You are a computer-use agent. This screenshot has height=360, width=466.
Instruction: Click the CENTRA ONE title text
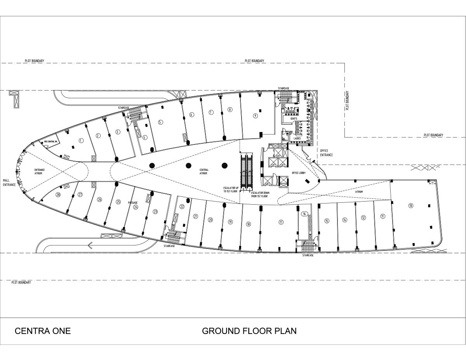[x=43, y=331]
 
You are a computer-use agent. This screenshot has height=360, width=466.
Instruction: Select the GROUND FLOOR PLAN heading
[x=249, y=331]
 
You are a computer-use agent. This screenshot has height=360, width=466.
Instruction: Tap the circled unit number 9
[x=255, y=115]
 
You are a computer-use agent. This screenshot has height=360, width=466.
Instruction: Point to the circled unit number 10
[x=410, y=205]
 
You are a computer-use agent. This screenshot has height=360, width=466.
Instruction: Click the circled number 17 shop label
[x=281, y=222]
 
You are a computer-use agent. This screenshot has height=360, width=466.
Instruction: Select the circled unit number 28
[x=58, y=195]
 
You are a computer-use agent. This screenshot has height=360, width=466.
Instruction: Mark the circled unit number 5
[x=160, y=122]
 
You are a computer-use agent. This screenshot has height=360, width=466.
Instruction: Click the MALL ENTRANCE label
[x=9, y=183]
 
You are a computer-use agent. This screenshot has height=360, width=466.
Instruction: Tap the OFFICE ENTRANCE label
[x=327, y=153]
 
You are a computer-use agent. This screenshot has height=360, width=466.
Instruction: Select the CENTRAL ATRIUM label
[x=204, y=172]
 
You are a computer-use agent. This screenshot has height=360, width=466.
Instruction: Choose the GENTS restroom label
[x=294, y=118]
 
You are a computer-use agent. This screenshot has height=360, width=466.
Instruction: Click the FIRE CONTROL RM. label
[x=51, y=141]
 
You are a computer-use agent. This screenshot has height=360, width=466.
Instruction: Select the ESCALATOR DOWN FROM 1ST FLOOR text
[x=259, y=195]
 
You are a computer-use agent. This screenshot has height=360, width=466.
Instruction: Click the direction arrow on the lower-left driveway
[x=90, y=245]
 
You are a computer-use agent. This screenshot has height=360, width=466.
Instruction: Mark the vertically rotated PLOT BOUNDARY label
[x=348, y=101]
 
